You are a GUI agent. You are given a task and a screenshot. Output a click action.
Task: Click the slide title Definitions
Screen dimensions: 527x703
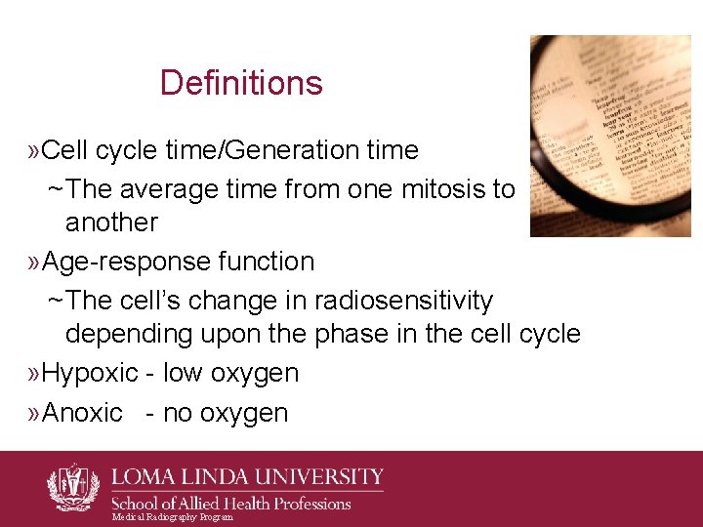[241, 83]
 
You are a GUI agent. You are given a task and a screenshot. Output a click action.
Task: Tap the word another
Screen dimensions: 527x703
[111, 223]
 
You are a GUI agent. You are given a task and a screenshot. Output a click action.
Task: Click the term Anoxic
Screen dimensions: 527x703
[83, 414]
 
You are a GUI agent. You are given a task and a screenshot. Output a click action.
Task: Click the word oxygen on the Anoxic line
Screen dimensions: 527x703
[239, 414]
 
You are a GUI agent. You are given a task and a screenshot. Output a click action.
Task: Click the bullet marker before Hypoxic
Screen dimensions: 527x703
[35, 374]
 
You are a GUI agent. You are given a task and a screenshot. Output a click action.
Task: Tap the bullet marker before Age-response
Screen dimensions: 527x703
[35, 263]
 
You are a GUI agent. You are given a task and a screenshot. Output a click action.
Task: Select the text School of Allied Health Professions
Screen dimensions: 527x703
[231, 504]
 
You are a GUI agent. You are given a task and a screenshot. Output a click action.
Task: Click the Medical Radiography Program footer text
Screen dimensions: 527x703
[173, 517]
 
